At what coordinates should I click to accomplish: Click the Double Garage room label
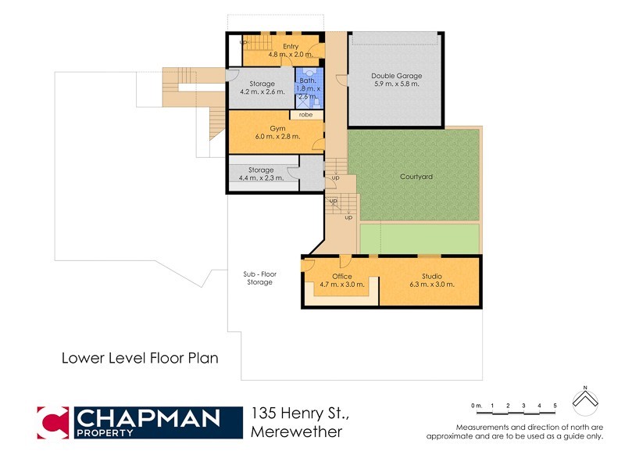click(397, 76)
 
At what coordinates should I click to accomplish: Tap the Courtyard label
click(416, 177)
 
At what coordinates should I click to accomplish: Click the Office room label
click(341, 276)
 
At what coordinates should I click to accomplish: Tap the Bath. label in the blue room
click(306, 80)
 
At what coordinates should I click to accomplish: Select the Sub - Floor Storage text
click(259, 278)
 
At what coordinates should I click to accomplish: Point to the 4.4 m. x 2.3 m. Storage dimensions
click(261, 179)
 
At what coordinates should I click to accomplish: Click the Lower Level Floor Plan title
click(140, 358)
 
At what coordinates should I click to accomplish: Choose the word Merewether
click(297, 432)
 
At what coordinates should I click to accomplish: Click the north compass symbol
click(585, 400)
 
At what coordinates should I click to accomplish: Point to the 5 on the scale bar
click(555, 405)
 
